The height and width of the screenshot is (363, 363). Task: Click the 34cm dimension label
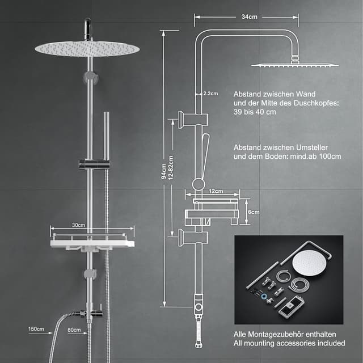249,17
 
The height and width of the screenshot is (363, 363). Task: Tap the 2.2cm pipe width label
210,94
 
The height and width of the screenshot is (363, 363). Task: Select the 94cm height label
164,171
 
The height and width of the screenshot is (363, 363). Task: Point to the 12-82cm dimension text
171,168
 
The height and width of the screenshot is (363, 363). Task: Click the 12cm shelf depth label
216,191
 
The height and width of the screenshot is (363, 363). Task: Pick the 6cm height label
254,212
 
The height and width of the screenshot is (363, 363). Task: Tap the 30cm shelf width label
78,225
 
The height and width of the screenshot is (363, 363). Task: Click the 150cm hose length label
36,329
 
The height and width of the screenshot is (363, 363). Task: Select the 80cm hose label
74,330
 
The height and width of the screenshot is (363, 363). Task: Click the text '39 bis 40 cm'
255,112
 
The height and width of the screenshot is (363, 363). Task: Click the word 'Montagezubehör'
276,334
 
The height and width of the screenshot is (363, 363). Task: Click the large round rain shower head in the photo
87,49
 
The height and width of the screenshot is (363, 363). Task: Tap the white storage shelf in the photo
92,243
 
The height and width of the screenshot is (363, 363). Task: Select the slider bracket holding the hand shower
94,164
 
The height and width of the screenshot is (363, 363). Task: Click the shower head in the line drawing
295,65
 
